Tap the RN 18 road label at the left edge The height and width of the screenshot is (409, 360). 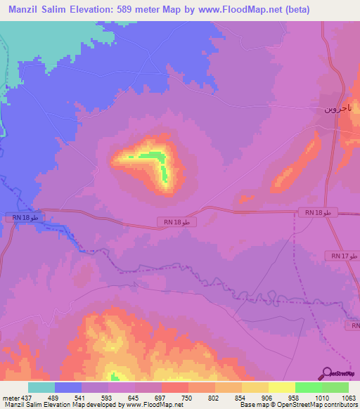29,218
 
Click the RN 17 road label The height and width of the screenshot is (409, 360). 345,256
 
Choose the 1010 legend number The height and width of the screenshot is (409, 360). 307,398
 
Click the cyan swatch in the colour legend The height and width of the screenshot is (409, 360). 41,387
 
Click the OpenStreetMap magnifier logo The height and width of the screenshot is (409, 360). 328,373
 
